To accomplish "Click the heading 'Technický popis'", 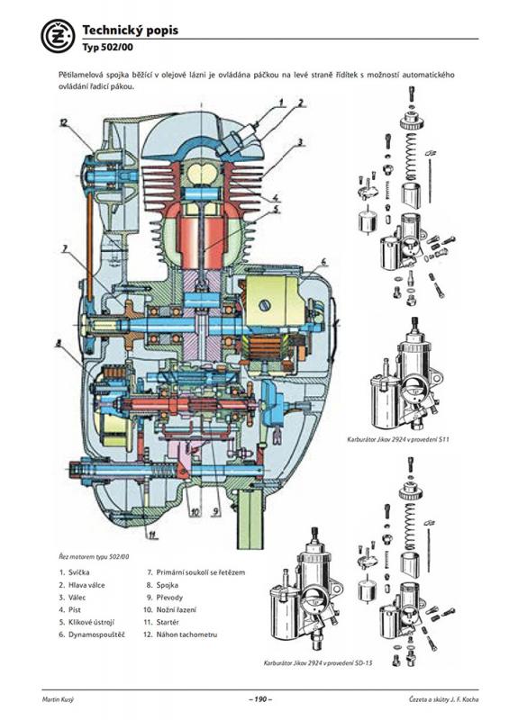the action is pyautogui.click(x=130, y=31).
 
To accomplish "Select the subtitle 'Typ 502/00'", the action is pyautogui.click(x=108, y=47).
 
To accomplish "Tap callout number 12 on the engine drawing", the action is pyautogui.click(x=63, y=122).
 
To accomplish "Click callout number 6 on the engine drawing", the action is pyautogui.click(x=323, y=262).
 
